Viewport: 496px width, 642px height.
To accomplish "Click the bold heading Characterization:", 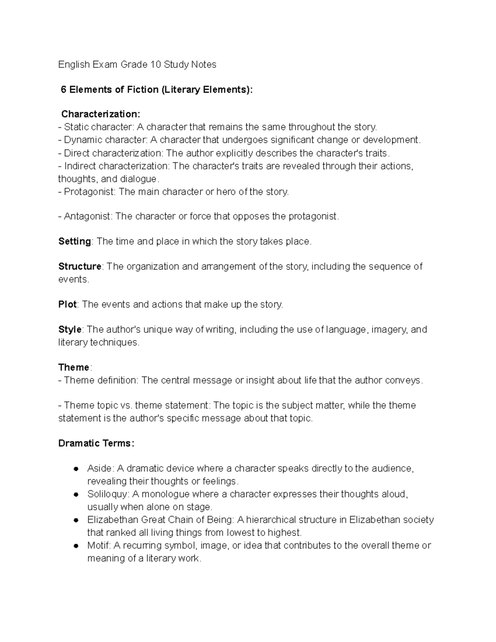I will click(x=101, y=114).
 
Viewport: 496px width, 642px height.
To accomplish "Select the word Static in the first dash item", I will click(x=76, y=127).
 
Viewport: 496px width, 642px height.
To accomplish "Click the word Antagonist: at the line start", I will click(x=87, y=217).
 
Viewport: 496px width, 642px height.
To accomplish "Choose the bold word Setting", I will click(x=74, y=241).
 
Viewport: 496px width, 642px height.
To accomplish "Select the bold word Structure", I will click(x=80, y=267).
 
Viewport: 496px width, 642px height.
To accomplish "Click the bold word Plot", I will click(x=67, y=305).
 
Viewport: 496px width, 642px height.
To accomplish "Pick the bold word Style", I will click(x=70, y=330).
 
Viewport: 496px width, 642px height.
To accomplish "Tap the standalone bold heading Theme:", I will click(x=75, y=368).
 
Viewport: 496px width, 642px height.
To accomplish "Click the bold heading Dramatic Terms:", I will click(x=96, y=444).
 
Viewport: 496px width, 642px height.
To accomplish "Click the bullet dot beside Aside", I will click(x=76, y=469).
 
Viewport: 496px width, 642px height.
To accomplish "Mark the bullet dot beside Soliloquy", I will click(x=76, y=495).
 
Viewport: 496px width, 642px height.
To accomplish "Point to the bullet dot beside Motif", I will click(x=76, y=546).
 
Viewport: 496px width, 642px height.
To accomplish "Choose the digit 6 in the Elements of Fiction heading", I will click(x=63, y=90).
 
